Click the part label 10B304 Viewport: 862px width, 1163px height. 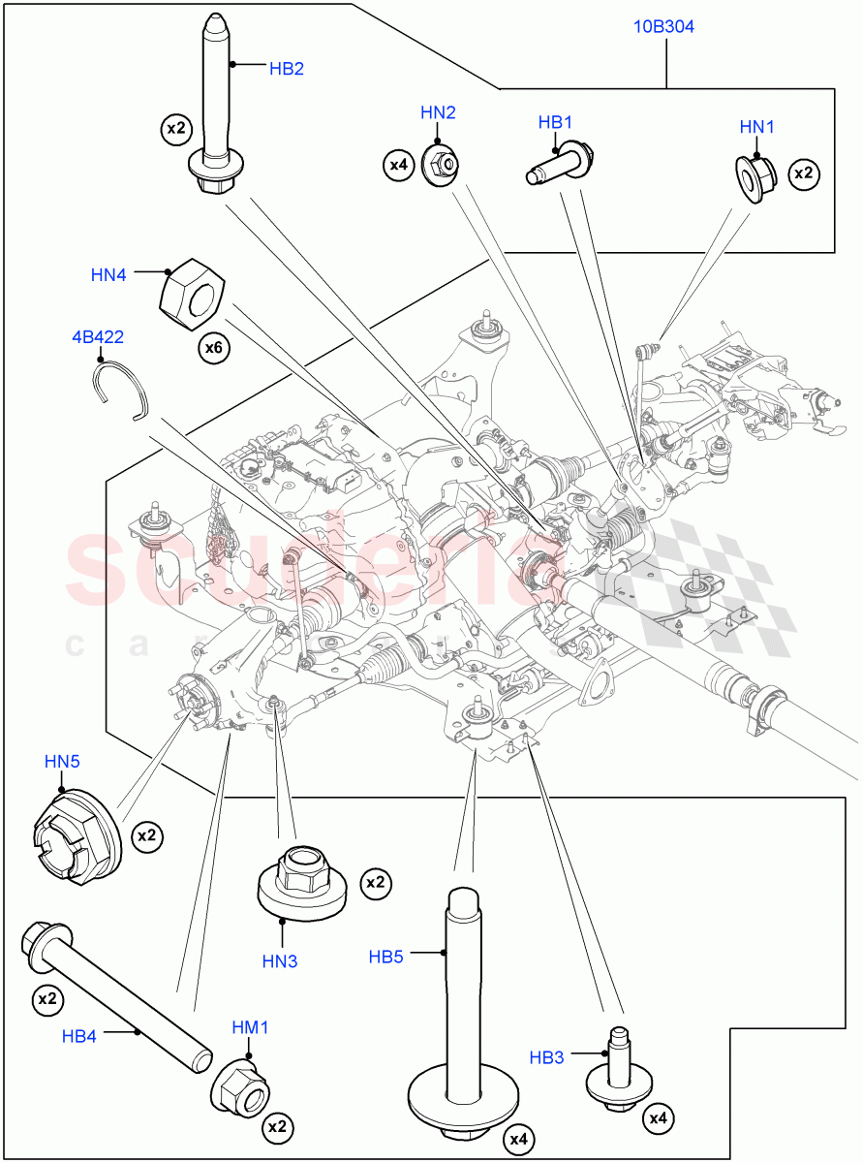pyautogui.click(x=664, y=26)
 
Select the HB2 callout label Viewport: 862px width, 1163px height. pyautogui.click(x=287, y=68)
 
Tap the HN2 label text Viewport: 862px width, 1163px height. pyautogui.click(x=438, y=112)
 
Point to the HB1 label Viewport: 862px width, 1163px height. pyautogui.click(x=556, y=122)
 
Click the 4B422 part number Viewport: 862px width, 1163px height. pyautogui.click(x=97, y=337)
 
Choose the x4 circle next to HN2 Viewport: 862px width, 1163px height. pyautogui.click(x=399, y=165)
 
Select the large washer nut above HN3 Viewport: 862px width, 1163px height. pyautogui.click(x=303, y=880)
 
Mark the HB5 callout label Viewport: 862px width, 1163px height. pyautogui.click(x=385, y=956)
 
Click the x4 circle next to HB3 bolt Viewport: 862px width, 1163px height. pyautogui.click(x=659, y=1118)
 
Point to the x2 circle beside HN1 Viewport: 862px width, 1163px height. pyautogui.click(x=804, y=173)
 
